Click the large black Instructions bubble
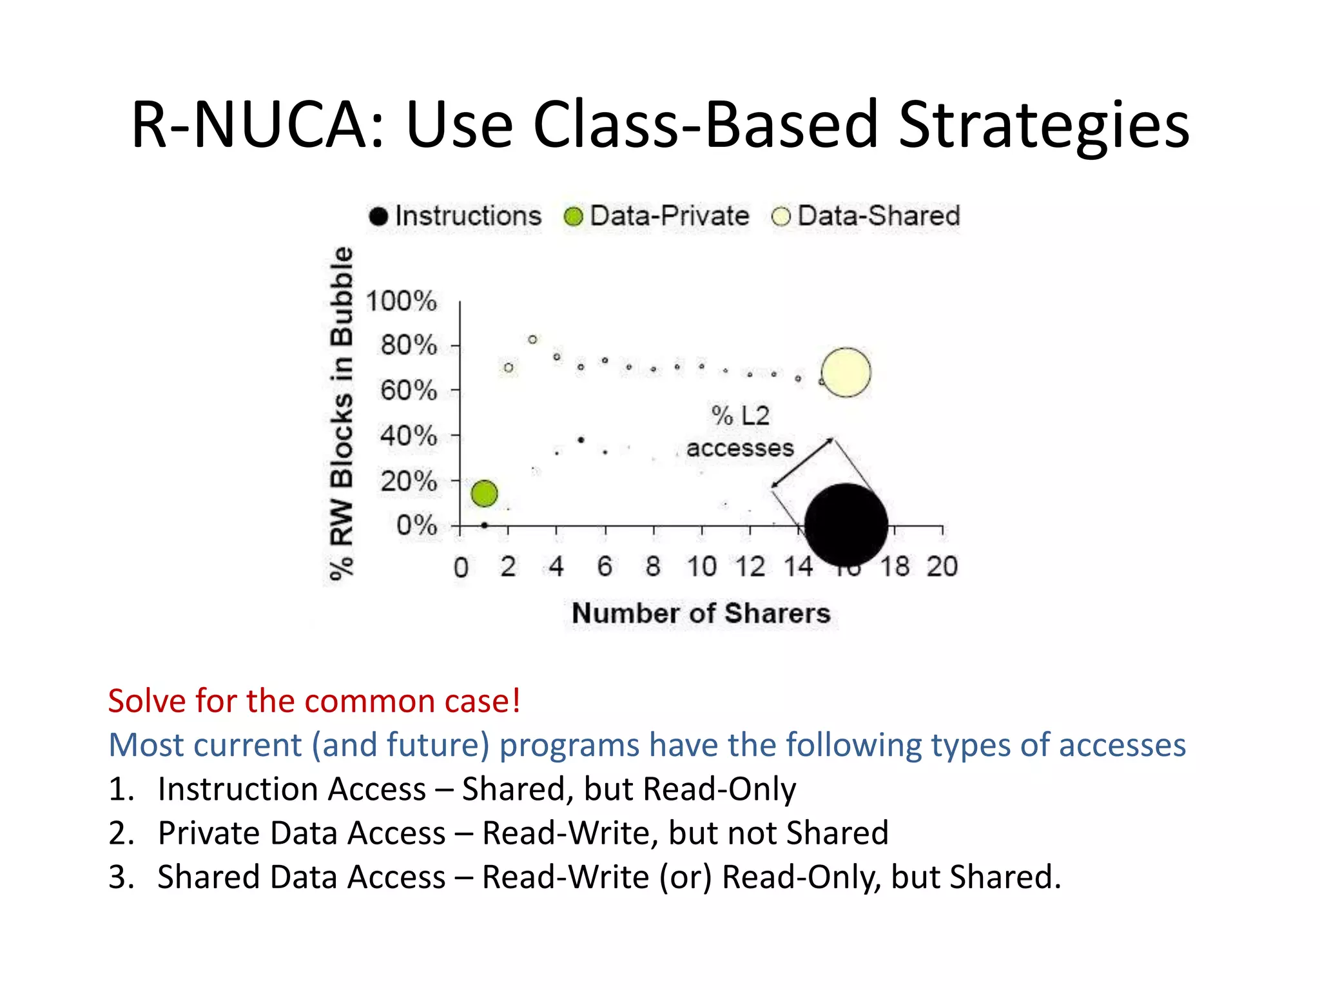[846, 525]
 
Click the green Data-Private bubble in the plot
[484, 494]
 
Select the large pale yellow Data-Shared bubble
[846, 373]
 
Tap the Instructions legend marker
[378, 217]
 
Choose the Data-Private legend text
[669, 216]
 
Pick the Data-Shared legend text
[878, 216]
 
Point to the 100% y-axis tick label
[401, 302]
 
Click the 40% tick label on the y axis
[408, 436]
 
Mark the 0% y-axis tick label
[416, 526]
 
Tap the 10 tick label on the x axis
[701, 567]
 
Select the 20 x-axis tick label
[942, 567]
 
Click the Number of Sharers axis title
[701, 614]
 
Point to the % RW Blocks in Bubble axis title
[342, 412]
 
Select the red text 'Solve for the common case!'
[314, 701]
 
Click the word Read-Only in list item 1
[719, 790]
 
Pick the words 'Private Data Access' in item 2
[302, 833]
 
